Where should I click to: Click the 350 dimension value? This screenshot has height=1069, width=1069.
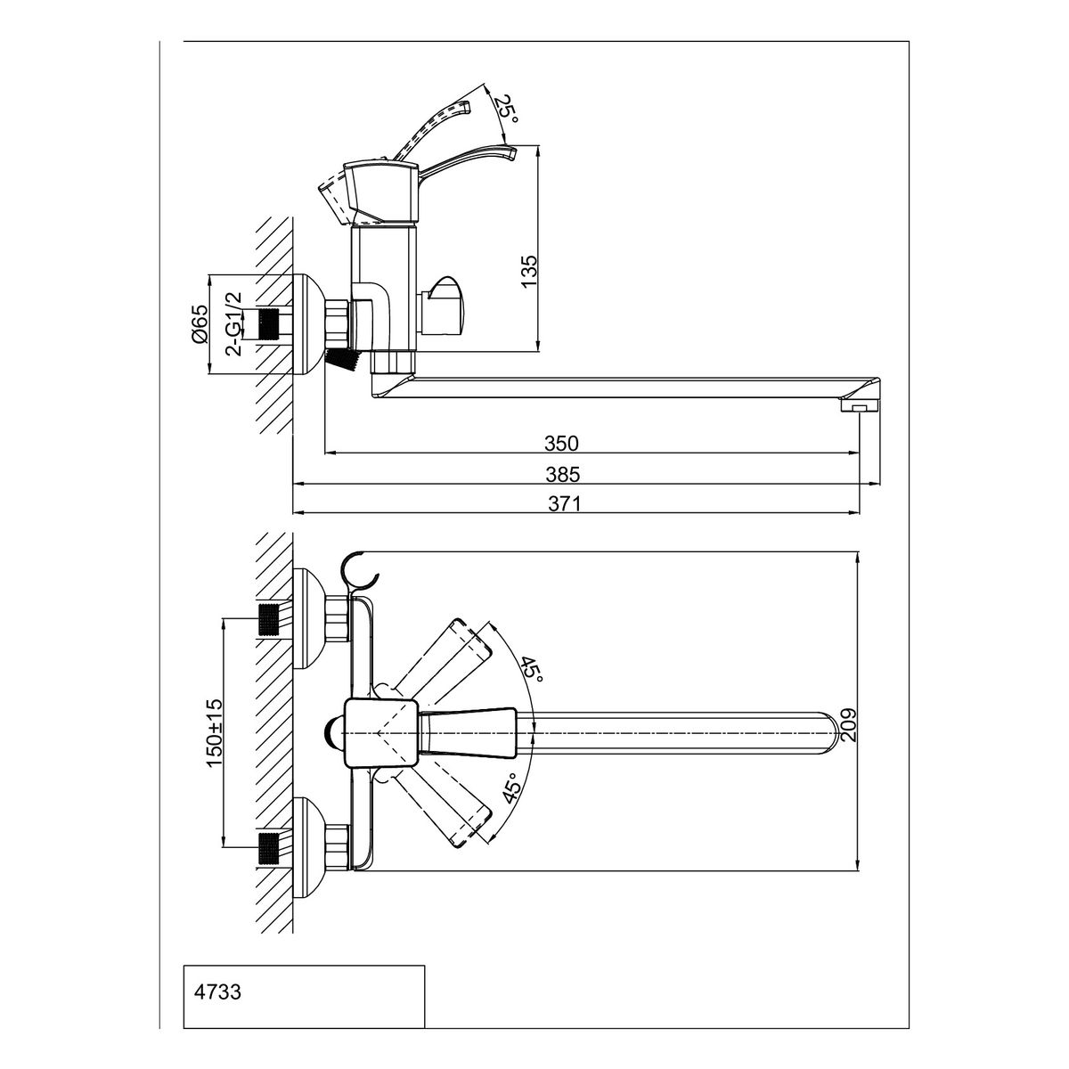pos(561,444)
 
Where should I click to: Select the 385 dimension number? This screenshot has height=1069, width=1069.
pos(562,474)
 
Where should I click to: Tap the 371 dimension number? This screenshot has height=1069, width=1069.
pos(565,503)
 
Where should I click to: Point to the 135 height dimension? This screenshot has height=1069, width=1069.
pos(529,271)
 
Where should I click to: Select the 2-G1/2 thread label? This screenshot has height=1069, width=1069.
pos(236,324)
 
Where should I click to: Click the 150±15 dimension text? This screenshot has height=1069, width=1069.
pos(214,733)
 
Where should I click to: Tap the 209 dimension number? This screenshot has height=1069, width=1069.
pos(849,725)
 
